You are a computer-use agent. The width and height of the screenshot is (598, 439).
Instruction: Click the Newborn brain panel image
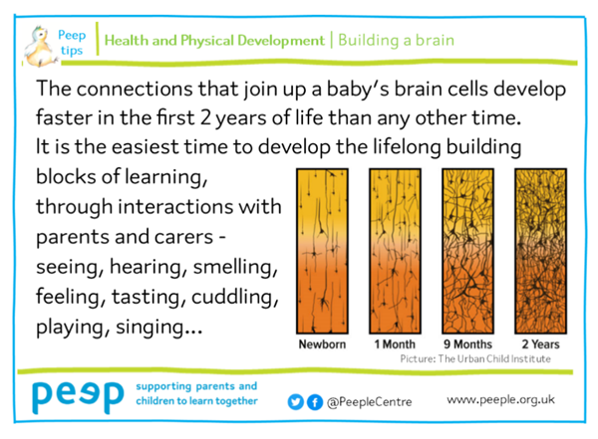tap(322, 251)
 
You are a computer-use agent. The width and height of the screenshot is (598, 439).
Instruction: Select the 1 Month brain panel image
tap(395, 251)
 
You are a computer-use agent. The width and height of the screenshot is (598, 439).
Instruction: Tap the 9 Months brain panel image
tap(468, 251)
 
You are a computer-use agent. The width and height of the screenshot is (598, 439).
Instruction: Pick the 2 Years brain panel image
tap(541, 251)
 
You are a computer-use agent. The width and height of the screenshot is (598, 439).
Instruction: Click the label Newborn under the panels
tap(322, 344)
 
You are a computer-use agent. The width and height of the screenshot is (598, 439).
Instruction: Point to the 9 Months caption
tap(468, 344)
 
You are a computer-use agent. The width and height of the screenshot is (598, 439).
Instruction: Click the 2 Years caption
tap(541, 344)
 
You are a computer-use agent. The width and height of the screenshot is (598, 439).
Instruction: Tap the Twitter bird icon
tap(296, 402)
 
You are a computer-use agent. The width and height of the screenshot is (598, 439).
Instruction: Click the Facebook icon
tap(315, 402)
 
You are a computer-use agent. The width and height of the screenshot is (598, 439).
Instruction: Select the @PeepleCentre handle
tap(370, 402)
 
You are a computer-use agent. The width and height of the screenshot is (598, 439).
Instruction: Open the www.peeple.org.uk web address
tap(500, 400)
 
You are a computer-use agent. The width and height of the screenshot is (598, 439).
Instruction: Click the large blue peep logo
tap(78, 397)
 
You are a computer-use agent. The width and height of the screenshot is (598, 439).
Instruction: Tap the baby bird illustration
tap(40, 47)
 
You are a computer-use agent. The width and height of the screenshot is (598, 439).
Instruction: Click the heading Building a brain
tap(397, 41)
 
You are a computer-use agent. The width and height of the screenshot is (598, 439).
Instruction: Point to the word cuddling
tap(235, 297)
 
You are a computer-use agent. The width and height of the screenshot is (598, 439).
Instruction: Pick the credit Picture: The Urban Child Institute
tap(475, 359)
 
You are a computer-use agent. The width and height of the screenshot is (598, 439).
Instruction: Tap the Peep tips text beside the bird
tap(72, 42)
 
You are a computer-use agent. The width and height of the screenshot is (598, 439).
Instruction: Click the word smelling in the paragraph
tap(235, 267)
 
